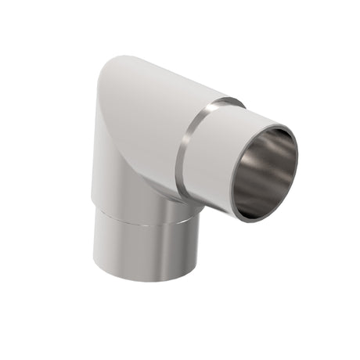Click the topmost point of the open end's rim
tap(275, 123)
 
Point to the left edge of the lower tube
tap(93, 243)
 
